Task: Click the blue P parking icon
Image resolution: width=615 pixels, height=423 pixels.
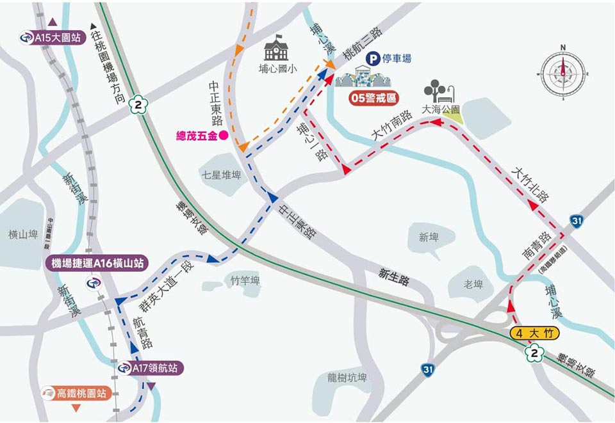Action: [x=372, y=59]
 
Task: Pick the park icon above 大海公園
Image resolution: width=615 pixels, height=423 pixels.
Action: [x=441, y=91]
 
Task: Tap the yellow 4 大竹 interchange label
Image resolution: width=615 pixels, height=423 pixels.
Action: [x=536, y=333]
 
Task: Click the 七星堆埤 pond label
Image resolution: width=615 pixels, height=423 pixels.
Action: [x=221, y=175]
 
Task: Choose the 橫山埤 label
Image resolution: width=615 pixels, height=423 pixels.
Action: [x=24, y=235]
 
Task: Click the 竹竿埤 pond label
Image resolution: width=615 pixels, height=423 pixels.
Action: [x=245, y=281]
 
